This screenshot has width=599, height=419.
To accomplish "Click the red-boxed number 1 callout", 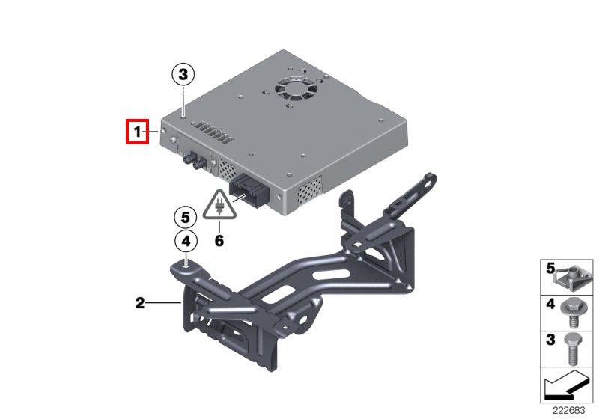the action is pyautogui.click(x=137, y=132).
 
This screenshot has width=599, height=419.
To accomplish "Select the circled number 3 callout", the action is pyautogui.click(x=183, y=74).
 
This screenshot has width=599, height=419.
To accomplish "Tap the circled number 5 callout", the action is pyautogui.click(x=185, y=218).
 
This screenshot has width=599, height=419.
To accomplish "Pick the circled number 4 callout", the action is pyautogui.click(x=186, y=241).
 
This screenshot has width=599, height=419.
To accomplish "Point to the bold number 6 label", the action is pyautogui.click(x=219, y=241).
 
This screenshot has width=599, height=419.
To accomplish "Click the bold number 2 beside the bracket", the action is pyautogui.click(x=140, y=303).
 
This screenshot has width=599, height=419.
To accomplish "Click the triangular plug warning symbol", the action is pyautogui.click(x=219, y=205).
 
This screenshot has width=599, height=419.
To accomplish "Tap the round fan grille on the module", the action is pyautogui.click(x=296, y=90).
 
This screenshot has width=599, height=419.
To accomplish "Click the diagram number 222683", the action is pyautogui.click(x=569, y=411).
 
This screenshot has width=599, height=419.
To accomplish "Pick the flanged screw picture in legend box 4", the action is pyautogui.click(x=571, y=313).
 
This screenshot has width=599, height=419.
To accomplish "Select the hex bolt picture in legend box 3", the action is pyautogui.click(x=571, y=349).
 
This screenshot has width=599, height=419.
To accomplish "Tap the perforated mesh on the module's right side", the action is pyautogui.click(x=310, y=189).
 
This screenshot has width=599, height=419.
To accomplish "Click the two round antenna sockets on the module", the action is pyautogui.click(x=193, y=162).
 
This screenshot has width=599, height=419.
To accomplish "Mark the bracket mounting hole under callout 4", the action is pyautogui.click(x=186, y=268).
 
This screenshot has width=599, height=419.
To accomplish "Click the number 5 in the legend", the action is pyautogui.click(x=550, y=269).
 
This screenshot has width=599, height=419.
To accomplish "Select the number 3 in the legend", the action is pyautogui.click(x=550, y=340).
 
